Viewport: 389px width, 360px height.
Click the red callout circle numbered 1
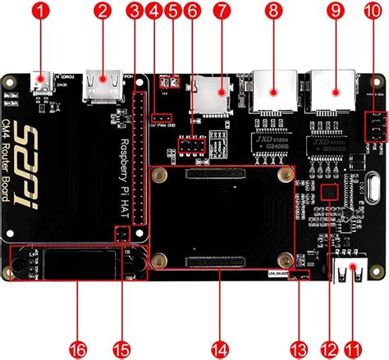(x=39, y=11)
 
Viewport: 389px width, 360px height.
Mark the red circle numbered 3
(x=135, y=11)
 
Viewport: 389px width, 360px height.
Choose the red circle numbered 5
(x=172, y=11)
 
